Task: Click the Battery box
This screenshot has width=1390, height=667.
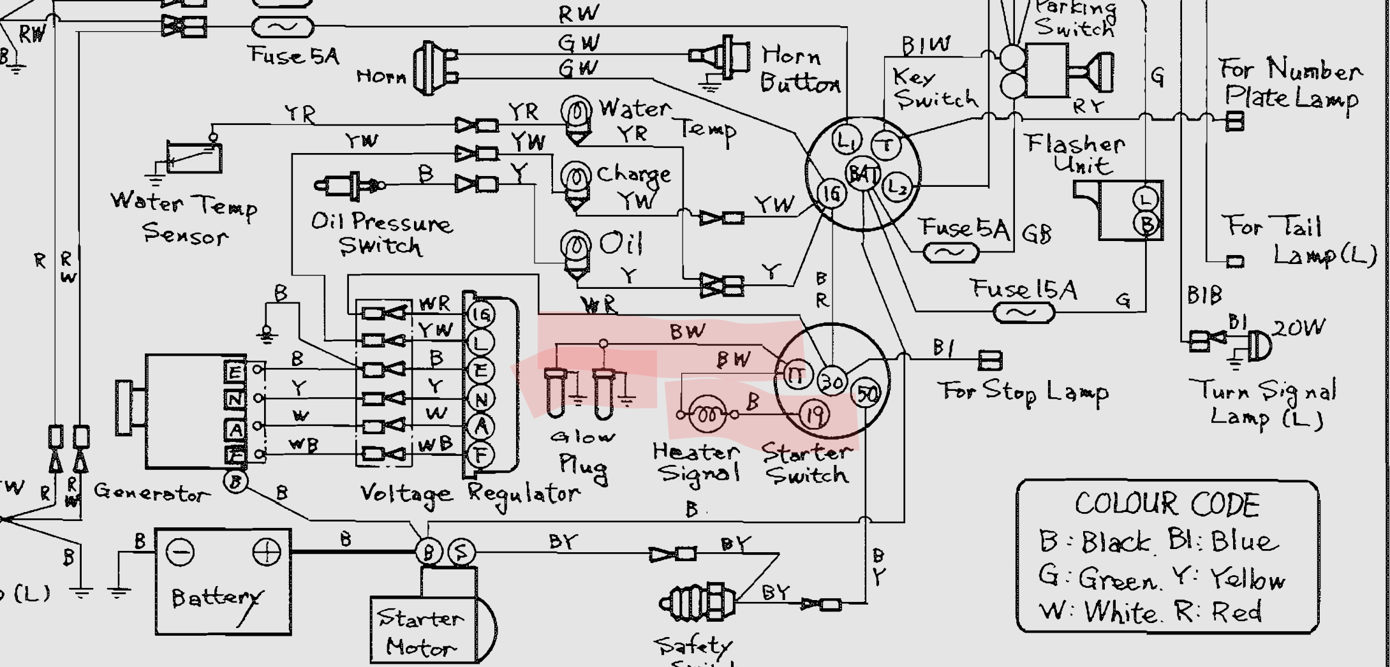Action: tap(223, 581)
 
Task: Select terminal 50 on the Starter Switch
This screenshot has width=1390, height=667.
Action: tap(866, 394)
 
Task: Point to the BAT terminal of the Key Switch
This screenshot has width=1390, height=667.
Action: tap(862, 173)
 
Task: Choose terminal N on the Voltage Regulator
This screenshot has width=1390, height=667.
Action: tap(480, 399)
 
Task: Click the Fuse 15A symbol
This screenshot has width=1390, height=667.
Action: tap(1023, 313)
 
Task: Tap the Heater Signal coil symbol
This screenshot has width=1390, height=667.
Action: tap(707, 415)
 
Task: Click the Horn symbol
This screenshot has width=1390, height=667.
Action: tap(434, 68)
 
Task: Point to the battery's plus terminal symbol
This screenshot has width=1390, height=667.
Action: tap(266, 552)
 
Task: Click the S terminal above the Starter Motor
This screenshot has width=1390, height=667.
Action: tap(461, 552)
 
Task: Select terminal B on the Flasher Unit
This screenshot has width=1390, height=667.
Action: tap(1146, 224)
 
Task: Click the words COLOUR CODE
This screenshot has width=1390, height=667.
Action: tap(1167, 505)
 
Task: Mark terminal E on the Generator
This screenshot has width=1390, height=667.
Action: tap(234, 370)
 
